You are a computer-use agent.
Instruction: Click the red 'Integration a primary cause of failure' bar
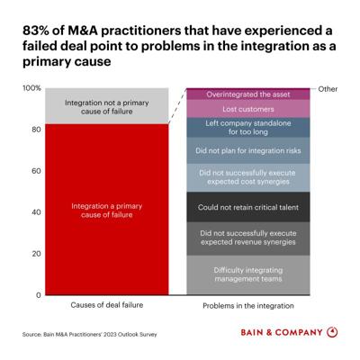pyautogui.click(x=107, y=210)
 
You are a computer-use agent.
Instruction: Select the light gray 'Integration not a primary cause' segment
pyautogui.click(x=107, y=106)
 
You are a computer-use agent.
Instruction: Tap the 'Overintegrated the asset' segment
pyautogui.click(x=248, y=94)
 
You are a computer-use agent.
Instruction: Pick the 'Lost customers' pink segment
pyautogui.click(x=248, y=109)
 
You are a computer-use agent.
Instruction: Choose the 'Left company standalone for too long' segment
pyautogui.click(x=248, y=128)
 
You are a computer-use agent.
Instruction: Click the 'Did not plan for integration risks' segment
pyautogui.click(x=248, y=150)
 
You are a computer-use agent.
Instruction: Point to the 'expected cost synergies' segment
pyautogui.click(x=248, y=177)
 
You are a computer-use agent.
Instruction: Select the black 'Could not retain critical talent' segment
pyautogui.click(x=248, y=207)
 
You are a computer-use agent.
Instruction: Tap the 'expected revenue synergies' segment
pyautogui.click(x=248, y=238)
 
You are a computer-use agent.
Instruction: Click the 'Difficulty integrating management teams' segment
pyautogui.click(x=248, y=275)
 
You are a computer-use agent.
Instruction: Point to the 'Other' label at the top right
pyautogui.click(x=328, y=89)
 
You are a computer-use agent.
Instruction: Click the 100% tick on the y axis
pyautogui.click(x=31, y=88)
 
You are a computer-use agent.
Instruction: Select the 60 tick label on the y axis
pyautogui.click(x=36, y=171)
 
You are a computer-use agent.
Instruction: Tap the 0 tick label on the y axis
pyautogui.click(x=39, y=295)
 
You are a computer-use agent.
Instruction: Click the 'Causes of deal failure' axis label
pyautogui.click(x=107, y=305)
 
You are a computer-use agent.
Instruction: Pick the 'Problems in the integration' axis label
pyautogui.click(x=248, y=306)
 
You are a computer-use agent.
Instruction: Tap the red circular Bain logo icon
pyautogui.click(x=332, y=332)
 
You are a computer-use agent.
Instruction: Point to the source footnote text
pyautogui.click(x=89, y=334)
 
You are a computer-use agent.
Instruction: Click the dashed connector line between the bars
pyautogui.click(x=177, y=106)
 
